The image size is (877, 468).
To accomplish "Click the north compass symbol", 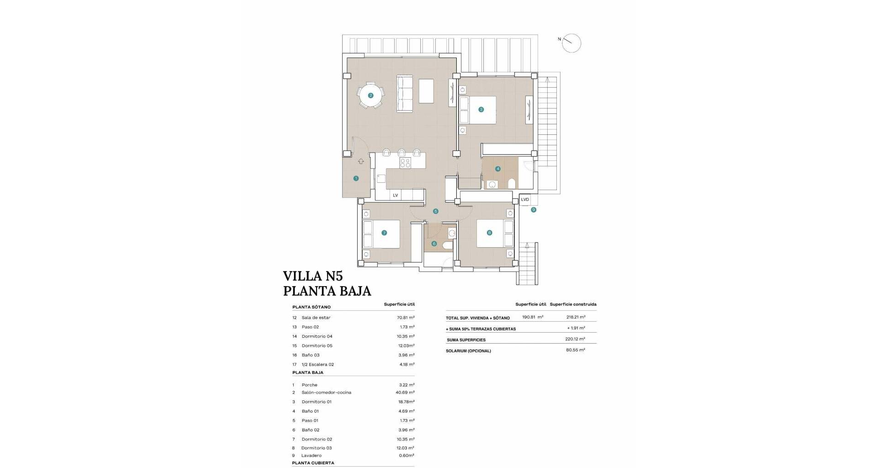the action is pos(571,43).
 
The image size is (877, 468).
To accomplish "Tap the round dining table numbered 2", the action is pos(371,96).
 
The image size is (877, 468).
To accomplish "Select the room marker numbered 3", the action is pos(481,109).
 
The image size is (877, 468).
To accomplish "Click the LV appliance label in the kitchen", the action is pos(396,195).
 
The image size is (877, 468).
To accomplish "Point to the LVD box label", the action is pos(525,200).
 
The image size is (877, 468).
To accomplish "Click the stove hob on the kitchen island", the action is pos(405,163).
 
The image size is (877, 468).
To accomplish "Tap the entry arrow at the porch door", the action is pos(361,161).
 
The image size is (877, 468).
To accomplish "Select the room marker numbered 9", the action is pos(534,210).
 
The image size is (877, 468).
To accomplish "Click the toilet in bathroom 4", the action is pos(512,184).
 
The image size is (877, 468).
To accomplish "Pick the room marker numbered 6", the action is pos(434,244).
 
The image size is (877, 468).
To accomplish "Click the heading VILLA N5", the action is pos(313,276).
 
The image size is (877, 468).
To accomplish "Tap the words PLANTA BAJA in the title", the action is pos(327,291).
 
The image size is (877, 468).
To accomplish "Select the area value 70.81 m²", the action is pos(406,317).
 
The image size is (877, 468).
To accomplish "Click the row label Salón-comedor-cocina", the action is pos(326,393).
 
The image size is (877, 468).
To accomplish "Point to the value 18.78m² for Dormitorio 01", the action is pos(407,402).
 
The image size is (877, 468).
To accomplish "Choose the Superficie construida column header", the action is pos(573,304).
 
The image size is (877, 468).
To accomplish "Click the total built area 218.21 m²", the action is pos(576,317).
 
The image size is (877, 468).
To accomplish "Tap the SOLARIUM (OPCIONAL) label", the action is pos(468,351).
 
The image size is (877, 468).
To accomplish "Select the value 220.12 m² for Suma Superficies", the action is pos(575,339).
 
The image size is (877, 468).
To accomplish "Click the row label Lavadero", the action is pos(312,456).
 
